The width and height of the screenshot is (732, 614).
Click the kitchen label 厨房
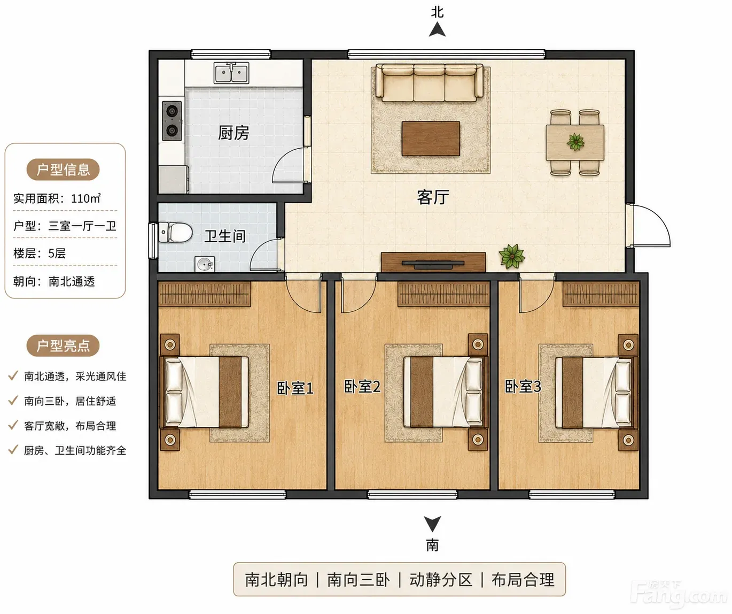pos(233,133)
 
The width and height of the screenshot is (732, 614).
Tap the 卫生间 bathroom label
pos(225,236)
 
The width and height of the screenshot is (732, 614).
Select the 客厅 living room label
pos(433,197)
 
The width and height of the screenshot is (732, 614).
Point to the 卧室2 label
pos(362,386)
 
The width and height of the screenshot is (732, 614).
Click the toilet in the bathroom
pos(175,232)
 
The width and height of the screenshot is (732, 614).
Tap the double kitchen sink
pos(231,73)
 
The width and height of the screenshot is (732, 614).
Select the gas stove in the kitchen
pos(172,121)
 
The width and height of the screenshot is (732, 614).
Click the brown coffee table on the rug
pos(431,139)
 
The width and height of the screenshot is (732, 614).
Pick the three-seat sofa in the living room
pos(429,83)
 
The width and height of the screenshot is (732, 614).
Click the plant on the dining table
pos(575,142)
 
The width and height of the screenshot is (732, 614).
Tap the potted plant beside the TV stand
pos(512,256)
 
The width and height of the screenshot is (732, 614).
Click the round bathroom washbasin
pos(205,264)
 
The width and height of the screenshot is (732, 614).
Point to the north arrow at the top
pos(437,29)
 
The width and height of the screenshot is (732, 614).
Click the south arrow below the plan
pos(432,524)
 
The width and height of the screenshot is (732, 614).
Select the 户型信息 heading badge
pos(63,170)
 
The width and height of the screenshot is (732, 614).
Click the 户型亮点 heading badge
pos(63,346)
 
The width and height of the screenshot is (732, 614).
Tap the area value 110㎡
pos(86,198)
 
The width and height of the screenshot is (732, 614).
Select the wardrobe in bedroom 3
pos(601,294)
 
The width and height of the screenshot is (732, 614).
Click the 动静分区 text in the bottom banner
pos(441,580)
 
